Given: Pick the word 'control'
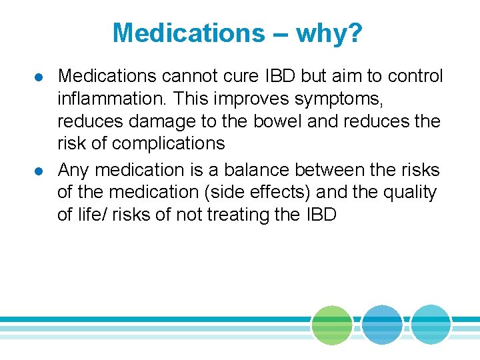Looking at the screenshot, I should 415,76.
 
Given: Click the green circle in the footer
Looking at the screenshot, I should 332,325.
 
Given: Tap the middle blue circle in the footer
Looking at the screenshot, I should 382,325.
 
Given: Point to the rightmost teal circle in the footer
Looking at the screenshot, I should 431,325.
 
